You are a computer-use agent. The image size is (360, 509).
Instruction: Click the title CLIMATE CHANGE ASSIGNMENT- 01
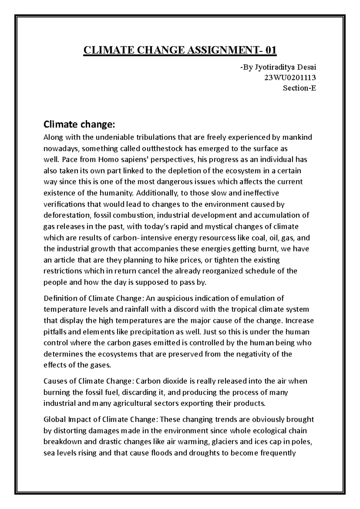pos(180,50)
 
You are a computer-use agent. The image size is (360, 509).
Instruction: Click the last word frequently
pos(278,453)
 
